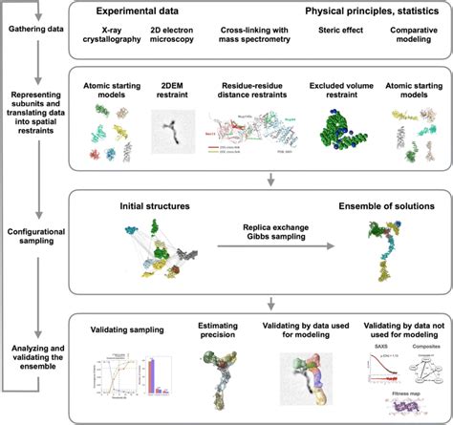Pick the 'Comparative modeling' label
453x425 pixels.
coord(407,35)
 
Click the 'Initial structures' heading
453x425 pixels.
coord(155,204)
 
